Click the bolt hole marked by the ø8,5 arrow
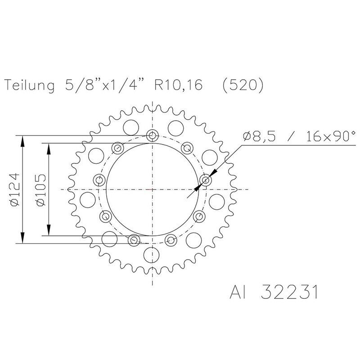point(206,180)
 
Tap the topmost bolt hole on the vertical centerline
point(153,135)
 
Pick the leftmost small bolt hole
point(99,180)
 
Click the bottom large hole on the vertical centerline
point(153,255)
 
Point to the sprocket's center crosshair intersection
point(153,189)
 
